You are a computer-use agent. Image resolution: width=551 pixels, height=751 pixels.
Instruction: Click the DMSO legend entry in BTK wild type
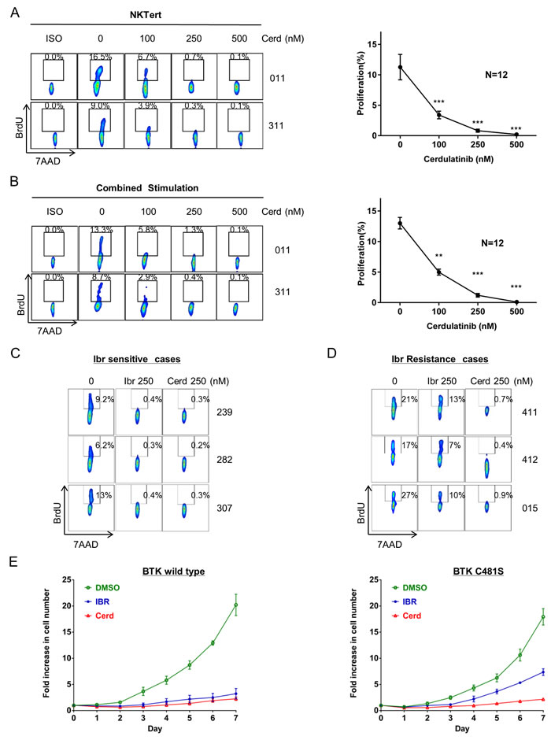[x=102, y=586]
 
